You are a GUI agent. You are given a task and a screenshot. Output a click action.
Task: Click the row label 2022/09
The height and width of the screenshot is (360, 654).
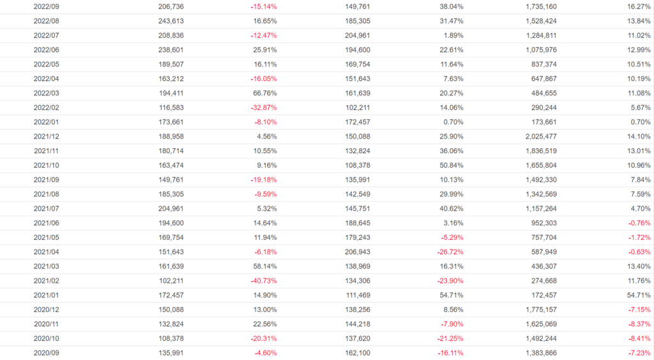pos(46,6)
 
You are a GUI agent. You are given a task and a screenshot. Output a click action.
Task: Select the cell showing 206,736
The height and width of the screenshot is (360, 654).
pos(171,6)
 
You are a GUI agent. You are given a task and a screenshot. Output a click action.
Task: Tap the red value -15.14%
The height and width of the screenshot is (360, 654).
pos(264,6)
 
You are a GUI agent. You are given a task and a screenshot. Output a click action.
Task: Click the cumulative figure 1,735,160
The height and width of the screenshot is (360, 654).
pos(539,6)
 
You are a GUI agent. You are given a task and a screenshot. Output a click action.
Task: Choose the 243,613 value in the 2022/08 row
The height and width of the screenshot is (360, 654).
pos(171,21)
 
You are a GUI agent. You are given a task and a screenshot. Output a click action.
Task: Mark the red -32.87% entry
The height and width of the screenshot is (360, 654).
pos(264,107)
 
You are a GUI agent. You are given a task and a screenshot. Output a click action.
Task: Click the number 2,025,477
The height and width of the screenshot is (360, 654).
pos(539,136)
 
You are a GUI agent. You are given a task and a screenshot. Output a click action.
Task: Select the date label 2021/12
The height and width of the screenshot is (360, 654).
pos(46,136)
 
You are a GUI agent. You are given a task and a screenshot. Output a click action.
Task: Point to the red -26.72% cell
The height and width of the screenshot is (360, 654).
pos(450,251)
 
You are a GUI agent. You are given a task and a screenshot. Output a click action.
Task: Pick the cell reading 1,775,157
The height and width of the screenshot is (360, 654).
pos(539,310)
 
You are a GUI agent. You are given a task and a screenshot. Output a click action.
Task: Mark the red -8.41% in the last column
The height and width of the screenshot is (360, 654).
pos(638,338)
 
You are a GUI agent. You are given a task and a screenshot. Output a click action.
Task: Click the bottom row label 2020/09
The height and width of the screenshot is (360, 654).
pos(46,352)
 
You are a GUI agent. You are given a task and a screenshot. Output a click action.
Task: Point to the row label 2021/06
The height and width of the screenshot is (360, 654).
pos(46,223)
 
